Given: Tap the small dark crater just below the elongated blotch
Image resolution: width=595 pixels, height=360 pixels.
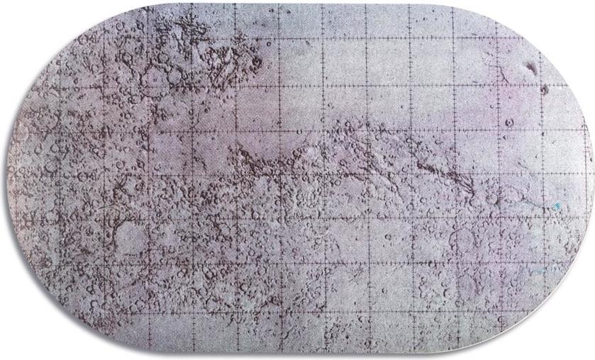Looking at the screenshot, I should (544, 90).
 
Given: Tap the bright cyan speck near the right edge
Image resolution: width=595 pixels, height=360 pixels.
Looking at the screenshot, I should (557, 206).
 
